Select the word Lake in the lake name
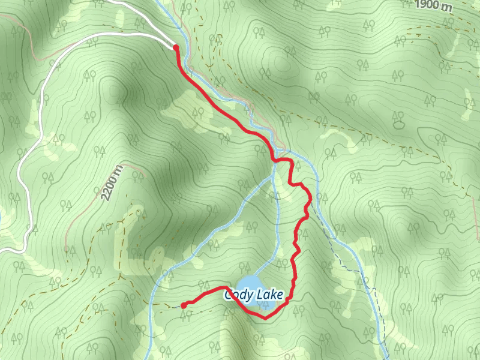click(267, 295)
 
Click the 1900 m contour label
click(433, 5)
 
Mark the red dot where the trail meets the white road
click(176, 47)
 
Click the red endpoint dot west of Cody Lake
click(184, 305)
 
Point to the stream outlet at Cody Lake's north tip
click(252, 275)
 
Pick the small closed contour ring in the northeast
click(399, 125)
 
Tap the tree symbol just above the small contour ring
click(397, 115)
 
